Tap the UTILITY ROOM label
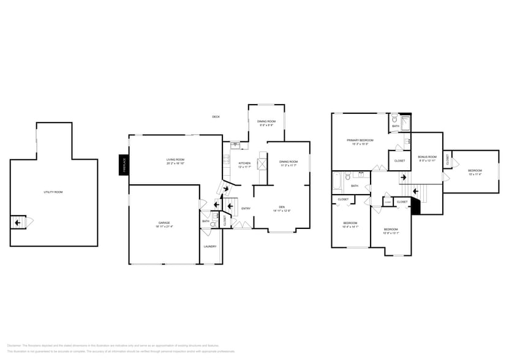tap(53, 192)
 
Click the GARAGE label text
tap(164, 222)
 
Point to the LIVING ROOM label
tap(175, 160)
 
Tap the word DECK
tap(216, 117)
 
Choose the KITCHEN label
tap(244, 163)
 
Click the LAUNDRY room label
tap(210, 247)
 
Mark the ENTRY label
tap(246, 209)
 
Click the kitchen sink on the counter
tap(235, 145)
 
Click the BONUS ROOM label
tap(428, 157)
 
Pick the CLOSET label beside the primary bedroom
tap(399, 161)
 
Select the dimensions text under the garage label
tap(164, 227)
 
